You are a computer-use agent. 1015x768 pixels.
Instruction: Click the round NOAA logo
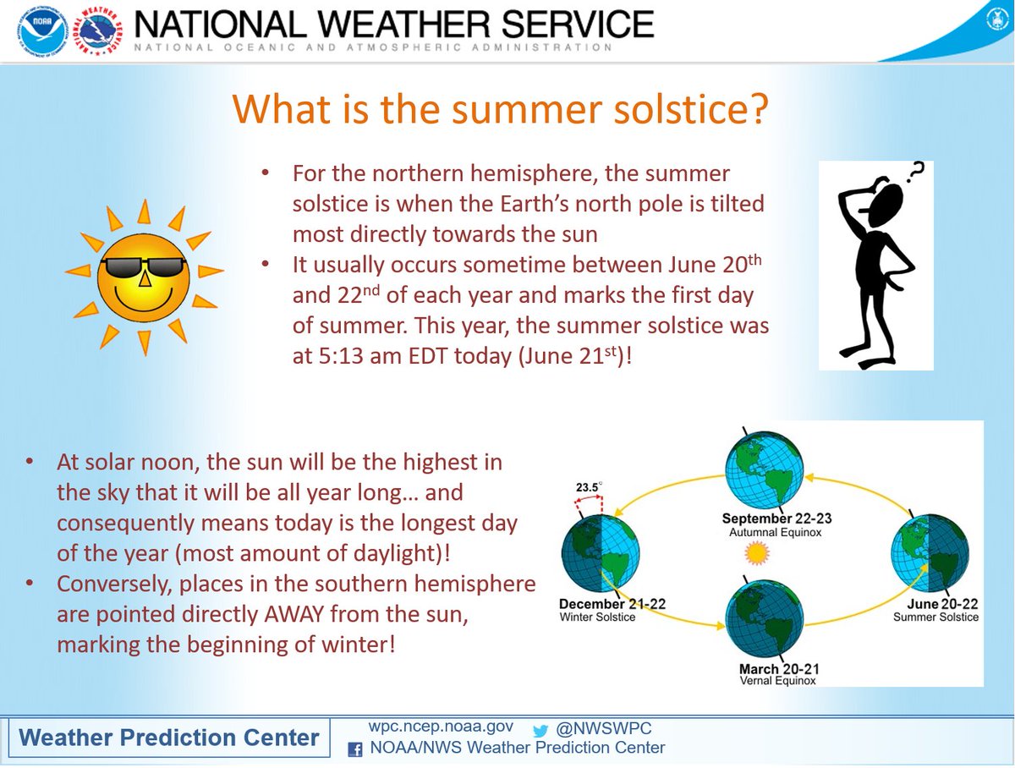(x=43, y=31)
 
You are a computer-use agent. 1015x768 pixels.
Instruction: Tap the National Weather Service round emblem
(x=101, y=31)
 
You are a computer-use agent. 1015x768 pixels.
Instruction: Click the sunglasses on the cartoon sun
(x=143, y=267)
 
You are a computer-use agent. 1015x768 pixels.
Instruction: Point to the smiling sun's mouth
(x=143, y=301)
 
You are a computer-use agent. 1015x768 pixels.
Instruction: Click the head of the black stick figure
(x=885, y=205)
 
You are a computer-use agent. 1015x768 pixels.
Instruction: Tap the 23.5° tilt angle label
(x=589, y=487)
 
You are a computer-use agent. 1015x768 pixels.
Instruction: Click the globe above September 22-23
(x=764, y=469)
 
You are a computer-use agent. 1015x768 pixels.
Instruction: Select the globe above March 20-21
(x=764, y=618)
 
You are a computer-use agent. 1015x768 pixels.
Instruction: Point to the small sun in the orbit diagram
(x=757, y=553)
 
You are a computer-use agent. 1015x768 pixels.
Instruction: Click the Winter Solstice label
(x=597, y=617)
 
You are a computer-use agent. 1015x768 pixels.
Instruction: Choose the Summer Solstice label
(x=936, y=617)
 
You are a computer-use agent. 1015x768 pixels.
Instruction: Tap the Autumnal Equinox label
(x=775, y=532)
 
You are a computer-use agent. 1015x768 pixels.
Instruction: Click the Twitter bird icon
(x=540, y=731)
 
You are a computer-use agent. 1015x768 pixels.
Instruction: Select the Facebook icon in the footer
(x=354, y=749)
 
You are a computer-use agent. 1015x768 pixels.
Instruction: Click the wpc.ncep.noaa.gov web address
(x=441, y=727)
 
